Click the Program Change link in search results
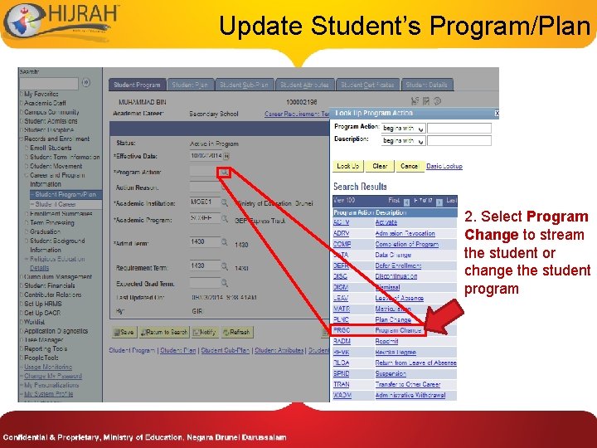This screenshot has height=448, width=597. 399,330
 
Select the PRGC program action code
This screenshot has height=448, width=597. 342,330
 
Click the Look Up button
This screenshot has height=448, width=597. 348,166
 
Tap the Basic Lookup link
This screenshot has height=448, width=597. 444,166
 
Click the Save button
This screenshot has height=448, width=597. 124,332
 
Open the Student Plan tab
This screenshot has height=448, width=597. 191,85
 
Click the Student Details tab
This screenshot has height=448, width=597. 426,85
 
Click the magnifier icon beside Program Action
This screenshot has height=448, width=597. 225,173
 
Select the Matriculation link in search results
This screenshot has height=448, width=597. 393,309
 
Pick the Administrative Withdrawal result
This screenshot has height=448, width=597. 410,395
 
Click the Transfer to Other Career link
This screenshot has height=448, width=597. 407,384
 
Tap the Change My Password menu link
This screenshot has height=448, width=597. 53,376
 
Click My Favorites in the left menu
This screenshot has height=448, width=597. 41,95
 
